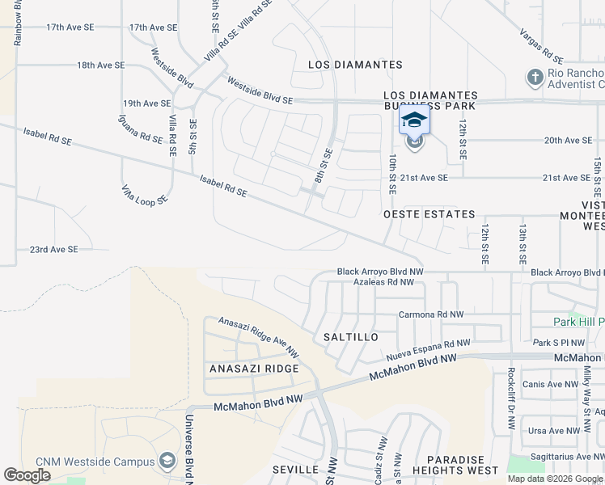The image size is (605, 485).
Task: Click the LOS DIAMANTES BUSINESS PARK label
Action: click(x=430, y=100)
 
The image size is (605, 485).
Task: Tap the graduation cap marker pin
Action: click(x=414, y=122)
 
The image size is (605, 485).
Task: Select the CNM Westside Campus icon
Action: click(x=167, y=461)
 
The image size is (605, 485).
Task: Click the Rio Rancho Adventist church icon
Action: click(x=534, y=78)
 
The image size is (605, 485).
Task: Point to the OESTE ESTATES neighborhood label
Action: click(x=429, y=214)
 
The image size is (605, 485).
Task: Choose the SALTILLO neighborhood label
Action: click(x=351, y=336)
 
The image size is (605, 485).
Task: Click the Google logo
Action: click(x=27, y=475)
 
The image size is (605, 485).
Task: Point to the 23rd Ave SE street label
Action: click(x=53, y=250)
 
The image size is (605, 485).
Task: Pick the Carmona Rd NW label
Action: click(x=431, y=314)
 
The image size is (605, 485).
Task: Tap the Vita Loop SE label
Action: click(x=145, y=194)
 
